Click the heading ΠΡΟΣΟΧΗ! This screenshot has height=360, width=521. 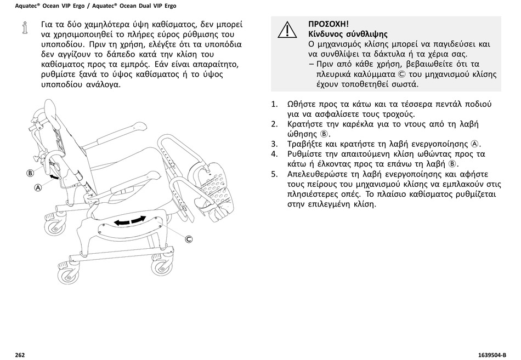(x=329, y=24)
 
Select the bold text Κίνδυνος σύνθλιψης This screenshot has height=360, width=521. (x=348, y=34)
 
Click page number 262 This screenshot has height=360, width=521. (x=20, y=355)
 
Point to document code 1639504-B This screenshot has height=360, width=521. (x=488, y=355)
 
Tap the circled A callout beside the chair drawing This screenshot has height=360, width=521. (x=38, y=187)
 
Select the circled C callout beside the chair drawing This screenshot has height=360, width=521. (x=189, y=239)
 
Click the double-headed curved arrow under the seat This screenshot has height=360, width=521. (x=130, y=221)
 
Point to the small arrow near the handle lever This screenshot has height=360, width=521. (x=54, y=176)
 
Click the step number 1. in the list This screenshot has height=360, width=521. (x=275, y=104)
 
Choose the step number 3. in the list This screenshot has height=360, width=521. (x=275, y=144)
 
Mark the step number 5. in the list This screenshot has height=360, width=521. (x=275, y=174)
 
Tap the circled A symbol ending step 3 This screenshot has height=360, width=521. (x=475, y=144)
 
